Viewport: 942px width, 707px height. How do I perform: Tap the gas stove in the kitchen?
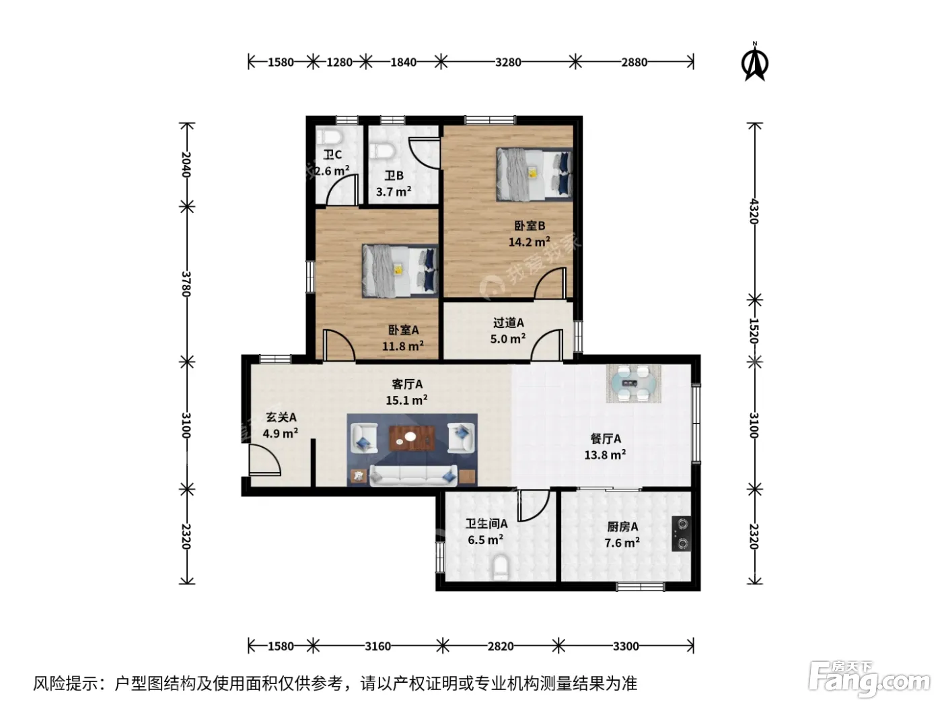682,533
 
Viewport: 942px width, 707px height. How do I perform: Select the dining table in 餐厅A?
633,383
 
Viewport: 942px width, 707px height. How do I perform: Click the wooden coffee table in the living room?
412,438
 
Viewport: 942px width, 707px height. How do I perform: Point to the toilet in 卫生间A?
500,567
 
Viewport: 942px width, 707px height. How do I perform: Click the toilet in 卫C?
329,137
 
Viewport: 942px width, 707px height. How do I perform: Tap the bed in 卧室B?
534,174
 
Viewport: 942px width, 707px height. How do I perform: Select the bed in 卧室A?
400,271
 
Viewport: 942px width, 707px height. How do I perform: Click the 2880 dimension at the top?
634,62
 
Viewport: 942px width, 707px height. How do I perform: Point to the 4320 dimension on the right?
754,211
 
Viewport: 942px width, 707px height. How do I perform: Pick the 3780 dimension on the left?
186,283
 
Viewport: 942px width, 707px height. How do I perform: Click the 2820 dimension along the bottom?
501,646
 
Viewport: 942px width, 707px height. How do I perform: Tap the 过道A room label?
508,323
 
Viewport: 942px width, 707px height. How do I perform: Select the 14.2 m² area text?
529,242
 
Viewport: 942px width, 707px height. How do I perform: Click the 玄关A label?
281,417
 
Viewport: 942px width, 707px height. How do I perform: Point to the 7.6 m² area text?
622,543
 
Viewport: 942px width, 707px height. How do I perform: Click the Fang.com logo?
869,680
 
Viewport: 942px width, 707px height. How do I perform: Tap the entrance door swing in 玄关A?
264,460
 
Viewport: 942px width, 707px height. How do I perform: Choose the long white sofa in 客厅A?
413,475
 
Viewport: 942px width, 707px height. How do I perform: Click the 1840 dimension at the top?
403,62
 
